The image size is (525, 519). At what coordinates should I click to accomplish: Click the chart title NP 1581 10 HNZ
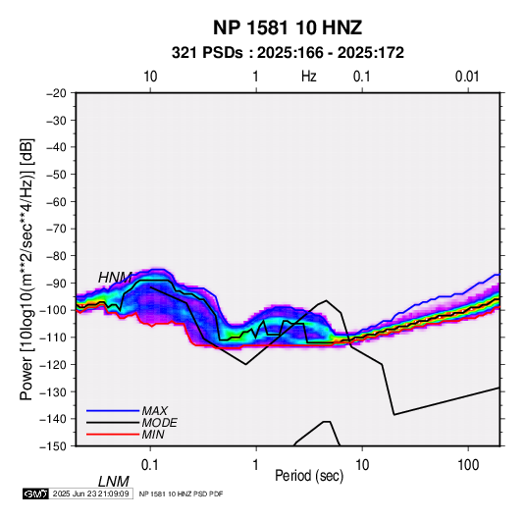[x=288, y=27]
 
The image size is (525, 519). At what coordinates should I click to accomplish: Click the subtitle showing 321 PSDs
[x=288, y=53]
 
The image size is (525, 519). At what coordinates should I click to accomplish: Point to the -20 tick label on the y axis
[x=56, y=93]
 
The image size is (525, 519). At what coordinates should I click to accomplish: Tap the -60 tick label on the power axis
[x=56, y=201]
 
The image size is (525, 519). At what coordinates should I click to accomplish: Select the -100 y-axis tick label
[x=53, y=310]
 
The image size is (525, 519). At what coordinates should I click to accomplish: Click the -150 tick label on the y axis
[x=53, y=446]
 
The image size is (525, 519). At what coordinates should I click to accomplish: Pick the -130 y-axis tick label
[x=53, y=391]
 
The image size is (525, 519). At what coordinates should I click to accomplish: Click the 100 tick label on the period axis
[x=468, y=464]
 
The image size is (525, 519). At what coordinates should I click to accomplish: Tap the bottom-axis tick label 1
[x=256, y=464]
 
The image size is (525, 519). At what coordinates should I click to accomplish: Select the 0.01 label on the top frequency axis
[x=467, y=77]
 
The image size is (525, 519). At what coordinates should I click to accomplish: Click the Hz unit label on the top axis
[x=309, y=77]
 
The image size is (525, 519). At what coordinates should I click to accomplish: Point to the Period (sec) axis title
[x=309, y=476]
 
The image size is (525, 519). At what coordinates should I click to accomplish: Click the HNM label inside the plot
[x=115, y=278]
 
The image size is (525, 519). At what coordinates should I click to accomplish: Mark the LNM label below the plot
[x=114, y=482]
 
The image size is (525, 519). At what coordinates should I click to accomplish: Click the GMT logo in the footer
[x=36, y=493]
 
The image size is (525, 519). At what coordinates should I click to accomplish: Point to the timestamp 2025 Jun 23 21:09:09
[x=90, y=493]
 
